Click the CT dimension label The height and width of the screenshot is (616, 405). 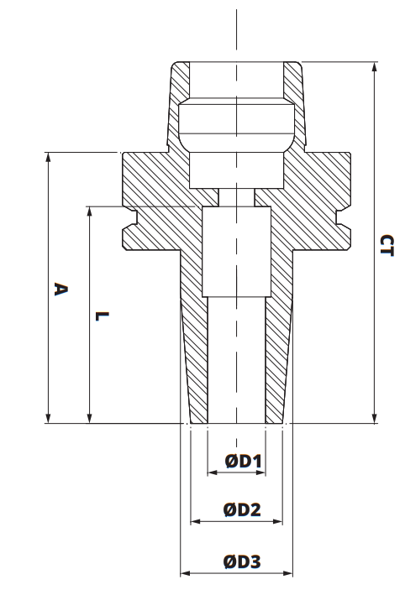click(x=385, y=245)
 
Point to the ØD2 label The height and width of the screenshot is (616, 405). click(x=243, y=509)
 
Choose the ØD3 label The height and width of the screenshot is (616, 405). click(x=242, y=561)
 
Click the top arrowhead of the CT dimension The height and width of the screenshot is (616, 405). click(x=373, y=65)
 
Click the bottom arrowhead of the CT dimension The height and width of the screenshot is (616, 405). click(x=373, y=419)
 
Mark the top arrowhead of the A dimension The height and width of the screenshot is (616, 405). click(x=49, y=157)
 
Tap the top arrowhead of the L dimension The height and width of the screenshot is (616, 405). click(x=89, y=211)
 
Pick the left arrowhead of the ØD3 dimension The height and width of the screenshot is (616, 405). click(x=185, y=574)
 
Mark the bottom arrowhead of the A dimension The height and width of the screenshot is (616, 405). click(x=49, y=419)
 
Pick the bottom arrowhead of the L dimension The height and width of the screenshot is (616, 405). click(x=89, y=419)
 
